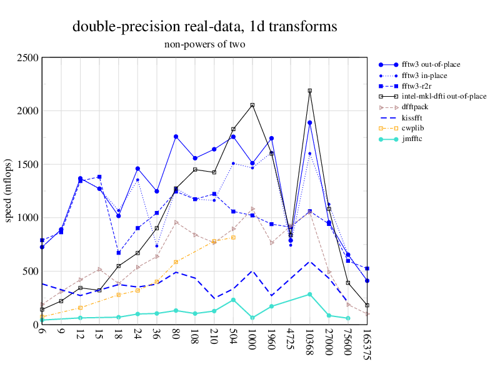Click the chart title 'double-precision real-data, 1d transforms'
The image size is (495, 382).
click(x=204, y=27)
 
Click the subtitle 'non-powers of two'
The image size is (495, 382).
click(x=204, y=44)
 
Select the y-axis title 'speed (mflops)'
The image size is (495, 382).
click(x=9, y=191)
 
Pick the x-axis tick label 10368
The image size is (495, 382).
click(x=310, y=342)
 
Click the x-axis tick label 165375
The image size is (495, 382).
click(x=367, y=344)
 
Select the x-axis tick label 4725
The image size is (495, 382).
click(x=291, y=340)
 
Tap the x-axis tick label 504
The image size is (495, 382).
click(x=233, y=338)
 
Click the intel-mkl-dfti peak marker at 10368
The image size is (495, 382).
click(x=309, y=91)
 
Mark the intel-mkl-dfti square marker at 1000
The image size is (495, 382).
click(x=252, y=105)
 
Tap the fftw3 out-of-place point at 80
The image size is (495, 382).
click(x=176, y=137)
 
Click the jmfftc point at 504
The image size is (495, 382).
click(x=233, y=300)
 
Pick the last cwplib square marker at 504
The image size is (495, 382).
click(x=233, y=237)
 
